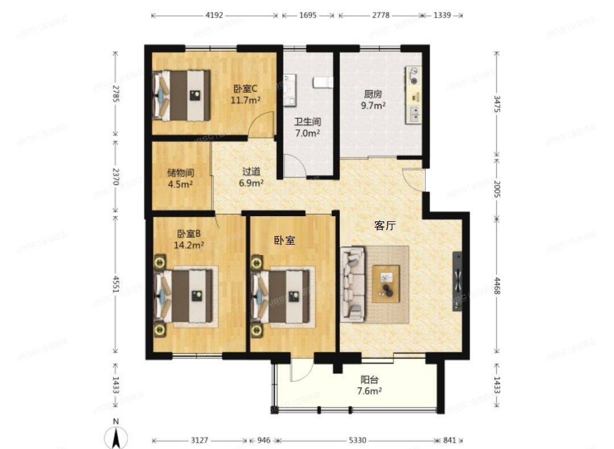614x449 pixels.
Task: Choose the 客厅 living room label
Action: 385,225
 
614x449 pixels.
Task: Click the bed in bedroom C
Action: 181,95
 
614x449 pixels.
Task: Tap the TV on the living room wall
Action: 458,281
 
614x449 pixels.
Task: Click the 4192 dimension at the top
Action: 214,15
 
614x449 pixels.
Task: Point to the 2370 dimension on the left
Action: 116,176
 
